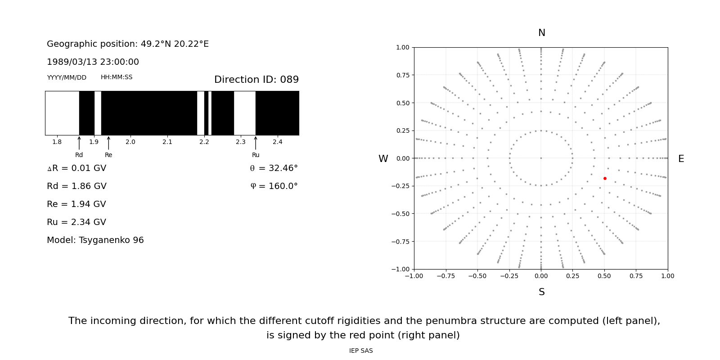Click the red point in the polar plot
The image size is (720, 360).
point(605,179)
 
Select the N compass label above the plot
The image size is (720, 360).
point(541,33)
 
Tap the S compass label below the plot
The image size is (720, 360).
point(541,292)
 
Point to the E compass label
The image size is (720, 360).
point(681,159)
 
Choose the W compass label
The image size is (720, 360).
point(383,159)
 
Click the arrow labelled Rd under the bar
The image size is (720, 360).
point(79,143)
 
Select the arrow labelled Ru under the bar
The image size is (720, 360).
point(256,143)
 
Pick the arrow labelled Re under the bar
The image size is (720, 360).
point(108,143)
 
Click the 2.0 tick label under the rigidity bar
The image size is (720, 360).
point(130,142)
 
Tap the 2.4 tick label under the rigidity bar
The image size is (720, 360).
point(278,142)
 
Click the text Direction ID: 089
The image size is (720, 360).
point(256,80)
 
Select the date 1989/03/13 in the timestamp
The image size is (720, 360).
point(70,62)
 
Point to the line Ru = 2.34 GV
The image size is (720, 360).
point(76,222)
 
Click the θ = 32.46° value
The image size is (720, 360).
point(274,168)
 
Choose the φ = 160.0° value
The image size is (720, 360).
point(274,186)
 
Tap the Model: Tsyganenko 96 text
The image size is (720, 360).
point(95,240)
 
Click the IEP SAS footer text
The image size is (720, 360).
point(361,351)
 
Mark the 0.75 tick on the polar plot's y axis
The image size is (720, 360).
point(403,75)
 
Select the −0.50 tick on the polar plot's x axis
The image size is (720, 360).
point(477,276)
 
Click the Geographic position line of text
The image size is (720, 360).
point(128,44)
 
